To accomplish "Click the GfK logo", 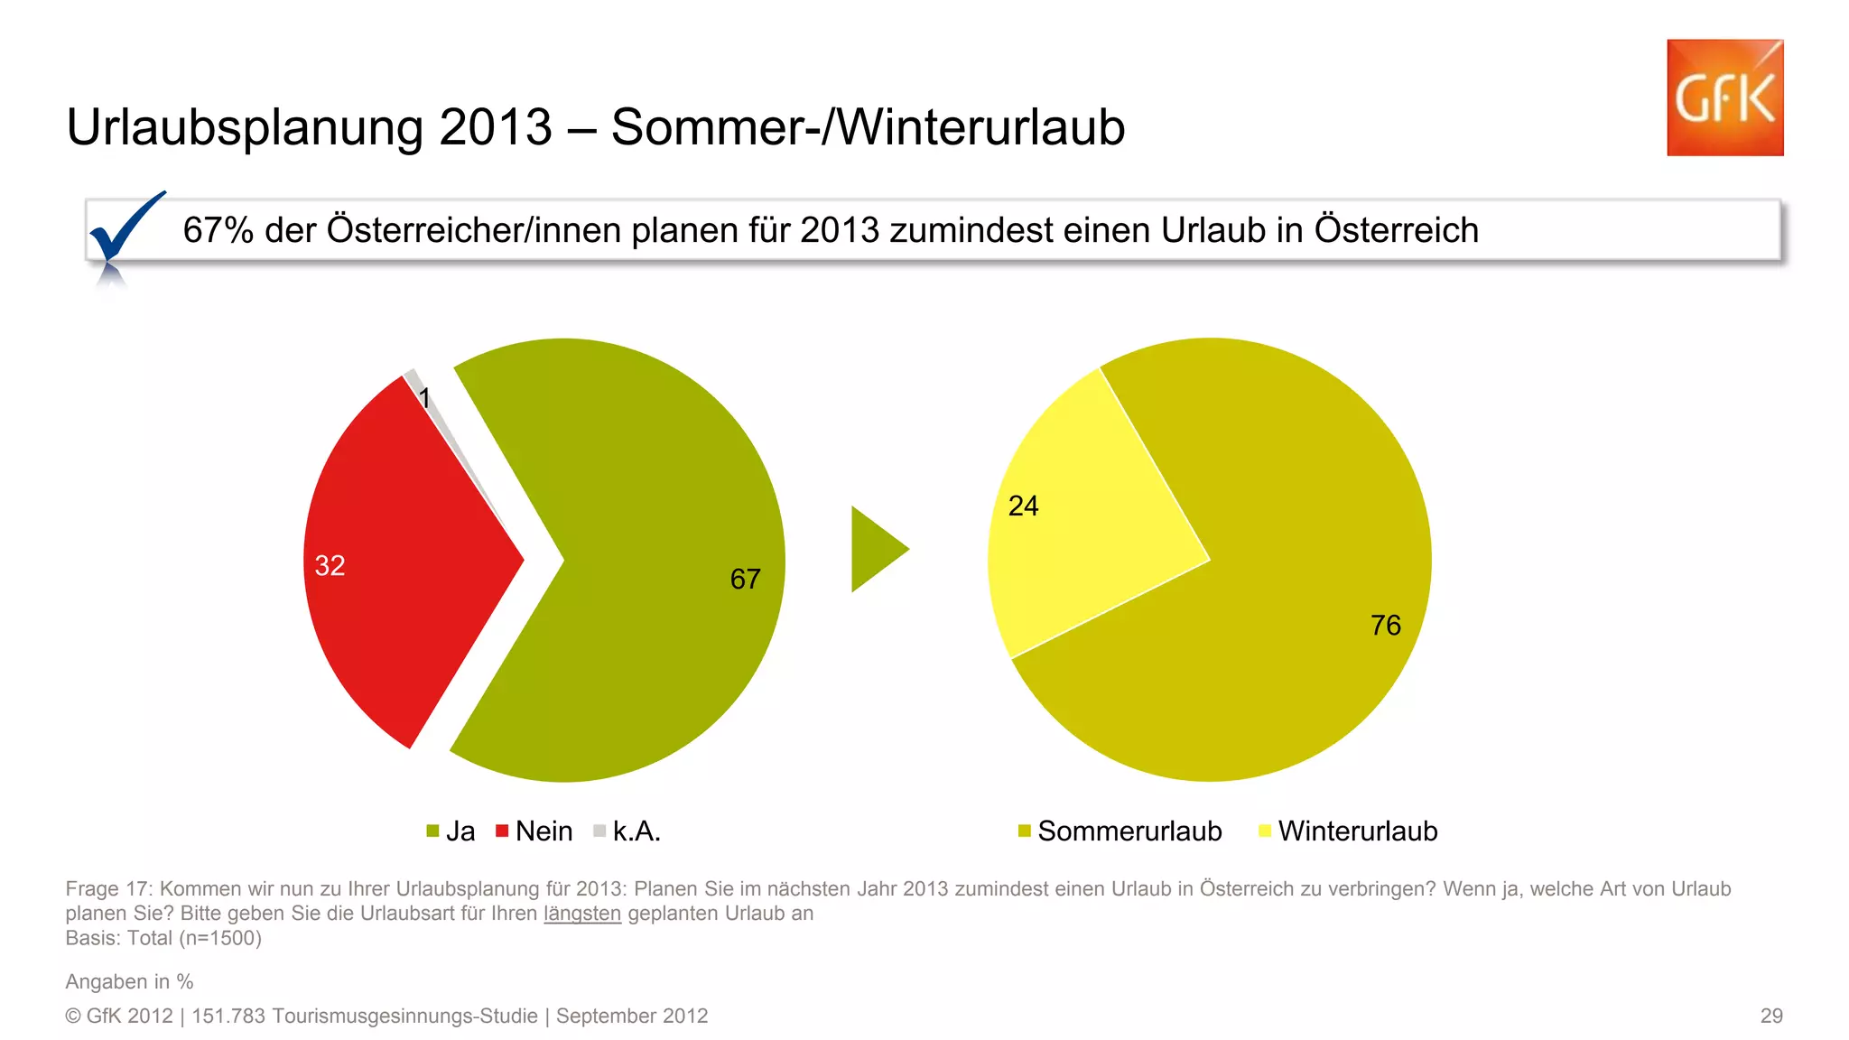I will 1724,97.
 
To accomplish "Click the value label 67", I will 745,579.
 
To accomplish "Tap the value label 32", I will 330,566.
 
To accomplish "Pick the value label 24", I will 1023,506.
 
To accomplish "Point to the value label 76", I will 1385,625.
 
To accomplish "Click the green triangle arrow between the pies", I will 876,549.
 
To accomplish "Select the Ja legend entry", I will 451,831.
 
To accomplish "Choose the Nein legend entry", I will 534,831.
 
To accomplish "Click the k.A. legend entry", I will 627,831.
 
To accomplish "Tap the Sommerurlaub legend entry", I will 1120,831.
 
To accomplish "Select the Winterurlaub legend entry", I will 1349,831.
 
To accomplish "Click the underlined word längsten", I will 582,914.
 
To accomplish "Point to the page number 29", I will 1771,1016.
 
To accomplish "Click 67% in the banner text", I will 218,231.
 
